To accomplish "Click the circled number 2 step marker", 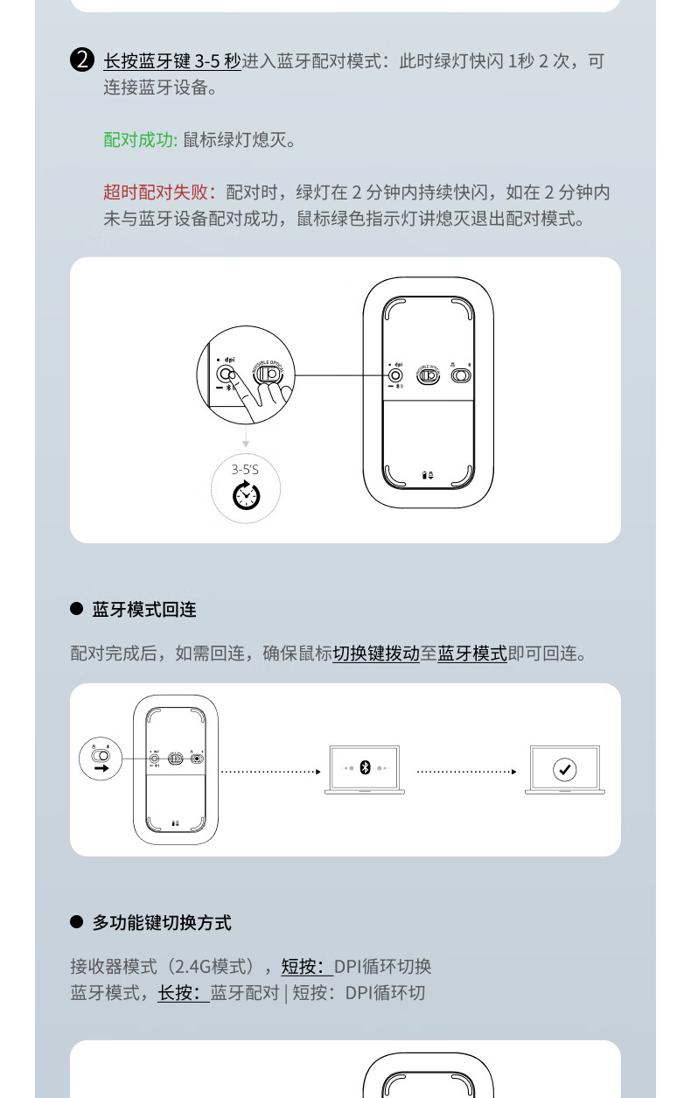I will point(81,61).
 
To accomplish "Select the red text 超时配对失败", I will point(159,192).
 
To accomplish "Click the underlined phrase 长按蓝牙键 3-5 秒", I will point(171,61).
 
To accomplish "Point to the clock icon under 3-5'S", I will point(246,496).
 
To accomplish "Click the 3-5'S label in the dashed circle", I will point(245,470).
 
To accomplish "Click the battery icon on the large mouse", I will point(429,475).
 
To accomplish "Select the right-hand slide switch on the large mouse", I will point(460,375).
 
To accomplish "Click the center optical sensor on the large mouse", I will point(428,375).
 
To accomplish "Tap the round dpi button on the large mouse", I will point(395,375).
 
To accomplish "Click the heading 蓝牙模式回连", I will point(144,610).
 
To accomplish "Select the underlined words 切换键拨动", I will point(376,654).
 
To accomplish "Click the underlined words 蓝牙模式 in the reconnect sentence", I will point(472,654).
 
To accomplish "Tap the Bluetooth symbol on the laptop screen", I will point(365,767).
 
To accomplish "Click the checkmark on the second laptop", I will point(565,770).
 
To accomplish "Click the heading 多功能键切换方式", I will point(162,923).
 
